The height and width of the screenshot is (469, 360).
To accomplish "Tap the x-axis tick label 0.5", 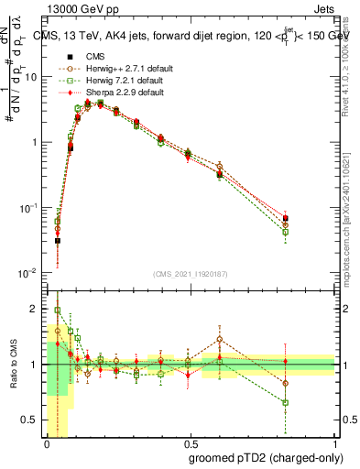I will tap(191, 441).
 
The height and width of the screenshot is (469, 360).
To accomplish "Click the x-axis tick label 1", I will tap(335, 441).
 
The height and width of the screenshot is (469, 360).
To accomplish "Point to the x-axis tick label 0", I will tap(47, 441).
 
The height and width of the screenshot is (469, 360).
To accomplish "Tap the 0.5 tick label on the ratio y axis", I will tap(32, 421).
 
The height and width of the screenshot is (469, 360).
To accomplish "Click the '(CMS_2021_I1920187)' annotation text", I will tap(191, 272).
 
